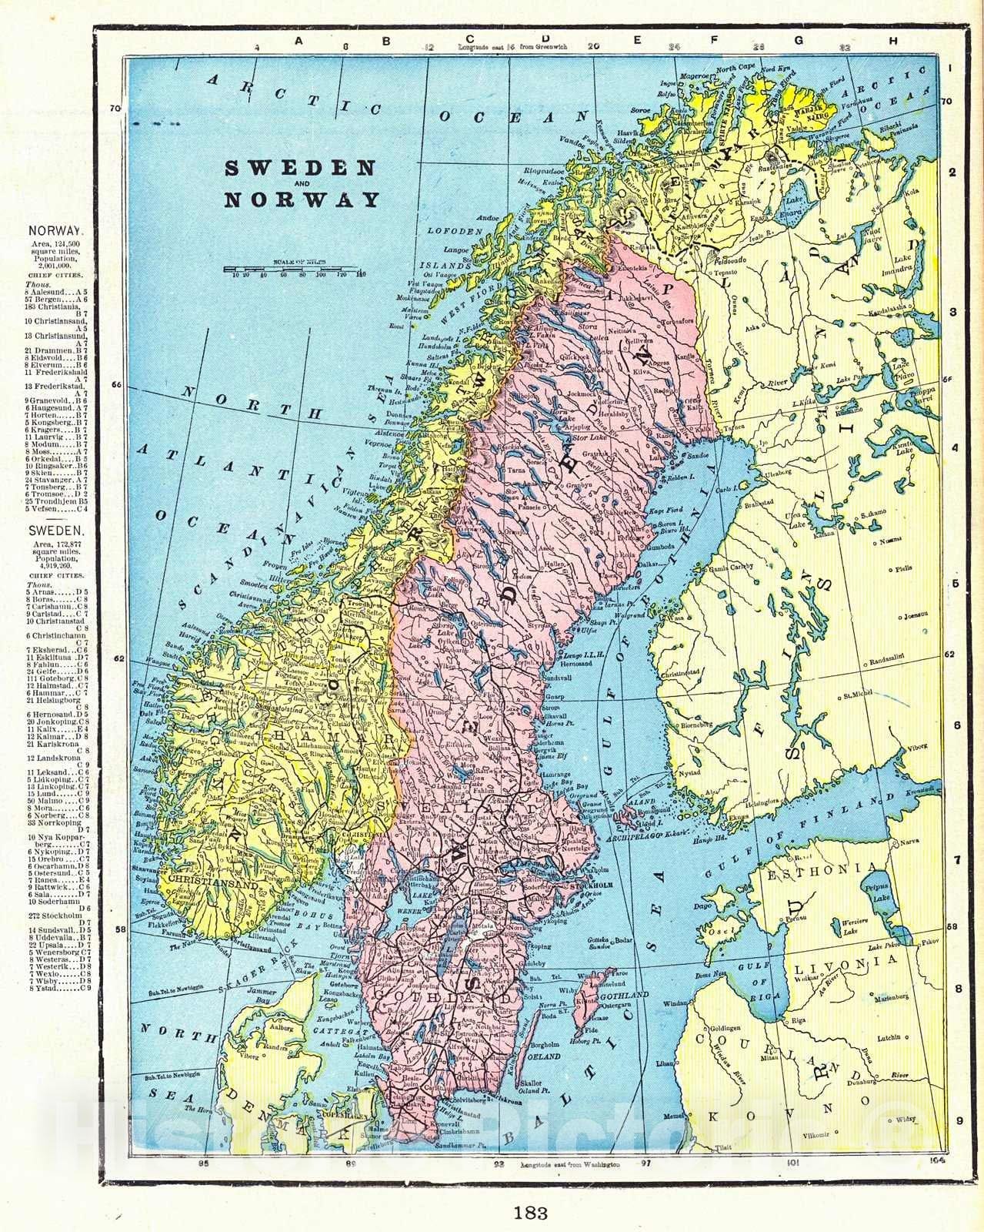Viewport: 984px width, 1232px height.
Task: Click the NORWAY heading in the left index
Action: click(55, 230)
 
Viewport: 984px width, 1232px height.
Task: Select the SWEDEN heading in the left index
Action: click(55, 531)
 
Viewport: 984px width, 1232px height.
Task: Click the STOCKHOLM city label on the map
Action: click(591, 886)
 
